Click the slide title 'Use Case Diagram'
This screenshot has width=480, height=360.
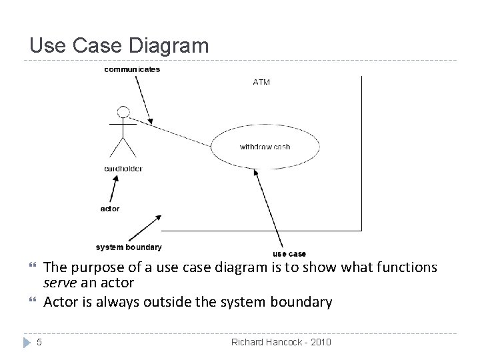[119, 45]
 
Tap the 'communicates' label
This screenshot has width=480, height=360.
[132, 69]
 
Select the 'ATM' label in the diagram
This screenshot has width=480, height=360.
[261, 83]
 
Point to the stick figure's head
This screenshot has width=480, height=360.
[123, 111]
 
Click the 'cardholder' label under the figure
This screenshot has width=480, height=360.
[123, 169]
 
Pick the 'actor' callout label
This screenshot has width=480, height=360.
[110, 208]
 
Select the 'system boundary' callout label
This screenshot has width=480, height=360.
[129, 247]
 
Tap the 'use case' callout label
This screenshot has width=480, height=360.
[289, 253]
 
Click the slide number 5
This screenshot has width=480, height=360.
[39, 343]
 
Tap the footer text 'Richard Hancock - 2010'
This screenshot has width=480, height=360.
[281, 343]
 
